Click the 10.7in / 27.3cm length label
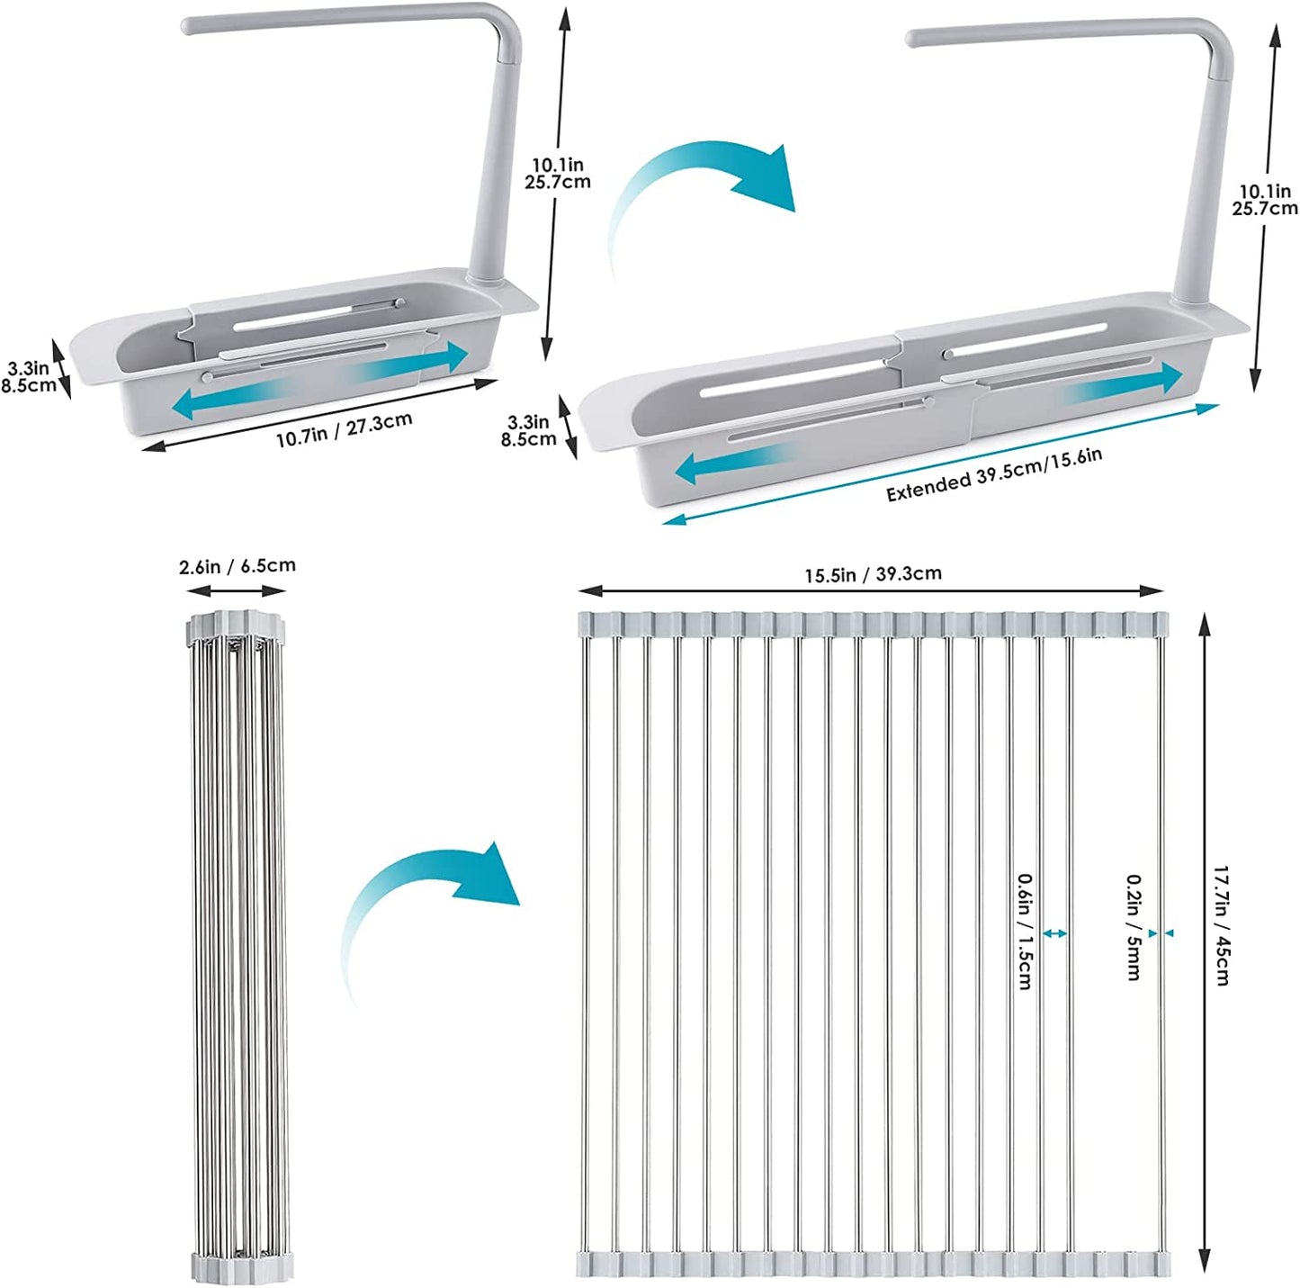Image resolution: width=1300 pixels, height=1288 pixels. point(344,429)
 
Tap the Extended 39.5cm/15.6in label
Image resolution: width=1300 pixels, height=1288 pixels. point(993,474)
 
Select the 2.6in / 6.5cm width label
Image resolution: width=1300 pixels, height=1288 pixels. point(237,566)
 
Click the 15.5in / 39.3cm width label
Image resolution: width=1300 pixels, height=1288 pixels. point(873,574)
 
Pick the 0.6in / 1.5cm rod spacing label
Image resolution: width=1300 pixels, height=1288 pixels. point(1024,932)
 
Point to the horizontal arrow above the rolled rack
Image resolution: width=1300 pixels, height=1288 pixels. point(237,591)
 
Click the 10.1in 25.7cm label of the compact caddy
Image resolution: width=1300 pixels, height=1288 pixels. point(558,173)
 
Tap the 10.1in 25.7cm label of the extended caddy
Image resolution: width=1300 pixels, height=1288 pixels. point(1265,200)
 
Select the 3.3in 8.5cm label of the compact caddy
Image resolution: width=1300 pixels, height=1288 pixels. point(29,377)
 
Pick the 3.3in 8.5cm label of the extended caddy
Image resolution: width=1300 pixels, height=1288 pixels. point(529,431)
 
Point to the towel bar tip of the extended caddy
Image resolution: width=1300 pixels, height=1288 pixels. point(913,38)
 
